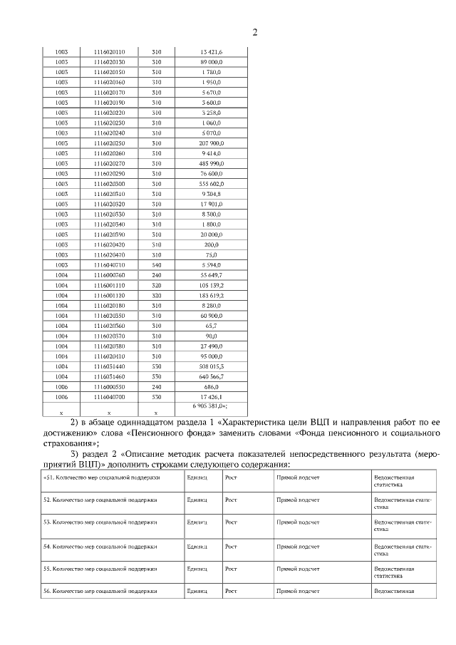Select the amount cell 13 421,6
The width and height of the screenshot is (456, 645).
tap(212, 52)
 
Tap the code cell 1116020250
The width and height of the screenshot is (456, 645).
tap(109, 143)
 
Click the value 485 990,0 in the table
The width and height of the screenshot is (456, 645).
tap(212, 163)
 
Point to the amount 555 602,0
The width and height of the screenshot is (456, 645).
tap(212, 184)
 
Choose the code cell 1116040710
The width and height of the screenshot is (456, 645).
tap(109, 264)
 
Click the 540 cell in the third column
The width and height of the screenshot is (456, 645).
tap(157, 264)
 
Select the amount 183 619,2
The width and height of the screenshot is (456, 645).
tap(212, 295)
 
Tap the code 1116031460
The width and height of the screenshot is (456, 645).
tap(109, 376)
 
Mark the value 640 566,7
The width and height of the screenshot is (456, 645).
tap(212, 376)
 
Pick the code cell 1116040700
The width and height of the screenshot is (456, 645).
tap(109, 396)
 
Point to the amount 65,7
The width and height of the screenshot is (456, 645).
tap(212, 325)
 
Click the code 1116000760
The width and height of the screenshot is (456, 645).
tap(109, 274)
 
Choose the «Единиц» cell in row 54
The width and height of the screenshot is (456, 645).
tap(197, 547)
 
